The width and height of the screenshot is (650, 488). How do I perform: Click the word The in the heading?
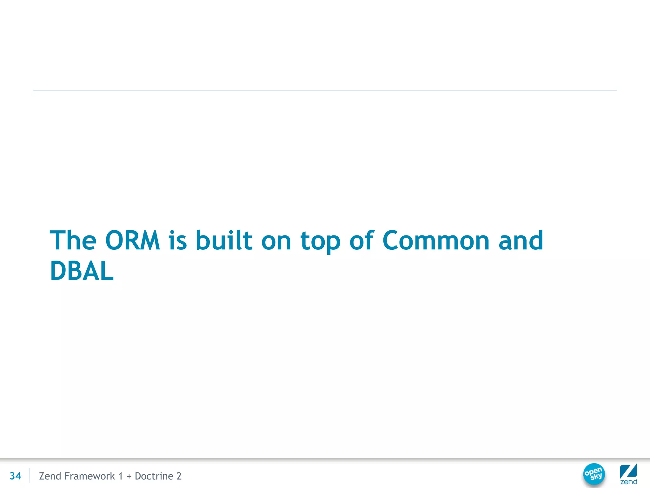(x=73, y=241)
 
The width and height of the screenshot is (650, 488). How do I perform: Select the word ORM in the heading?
(x=132, y=241)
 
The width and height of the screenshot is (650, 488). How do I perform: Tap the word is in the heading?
(x=178, y=241)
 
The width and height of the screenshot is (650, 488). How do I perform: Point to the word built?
(x=224, y=241)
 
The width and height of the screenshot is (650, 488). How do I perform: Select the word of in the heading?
(x=362, y=241)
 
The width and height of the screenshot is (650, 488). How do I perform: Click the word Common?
(x=436, y=241)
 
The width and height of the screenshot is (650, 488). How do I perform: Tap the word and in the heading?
(x=521, y=241)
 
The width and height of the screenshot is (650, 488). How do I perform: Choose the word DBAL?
(x=82, y=271)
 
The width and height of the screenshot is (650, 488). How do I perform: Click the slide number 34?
(x=15, y=476)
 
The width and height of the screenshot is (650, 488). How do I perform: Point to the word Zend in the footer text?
(x=50, y=476)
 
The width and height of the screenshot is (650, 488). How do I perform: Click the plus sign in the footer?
(x=129, y=476)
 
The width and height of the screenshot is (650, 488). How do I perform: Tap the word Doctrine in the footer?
(x=154, y=476)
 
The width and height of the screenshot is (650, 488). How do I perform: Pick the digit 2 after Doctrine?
(x=179, y=476)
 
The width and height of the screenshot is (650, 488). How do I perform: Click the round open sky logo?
(x=594, y=474)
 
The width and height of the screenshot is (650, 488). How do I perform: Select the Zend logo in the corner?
(x=628, y=474)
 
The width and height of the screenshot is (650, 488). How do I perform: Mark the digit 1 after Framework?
(x=120, y=476)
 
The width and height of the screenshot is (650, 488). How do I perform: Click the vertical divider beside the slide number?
(x=29, y=475)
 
